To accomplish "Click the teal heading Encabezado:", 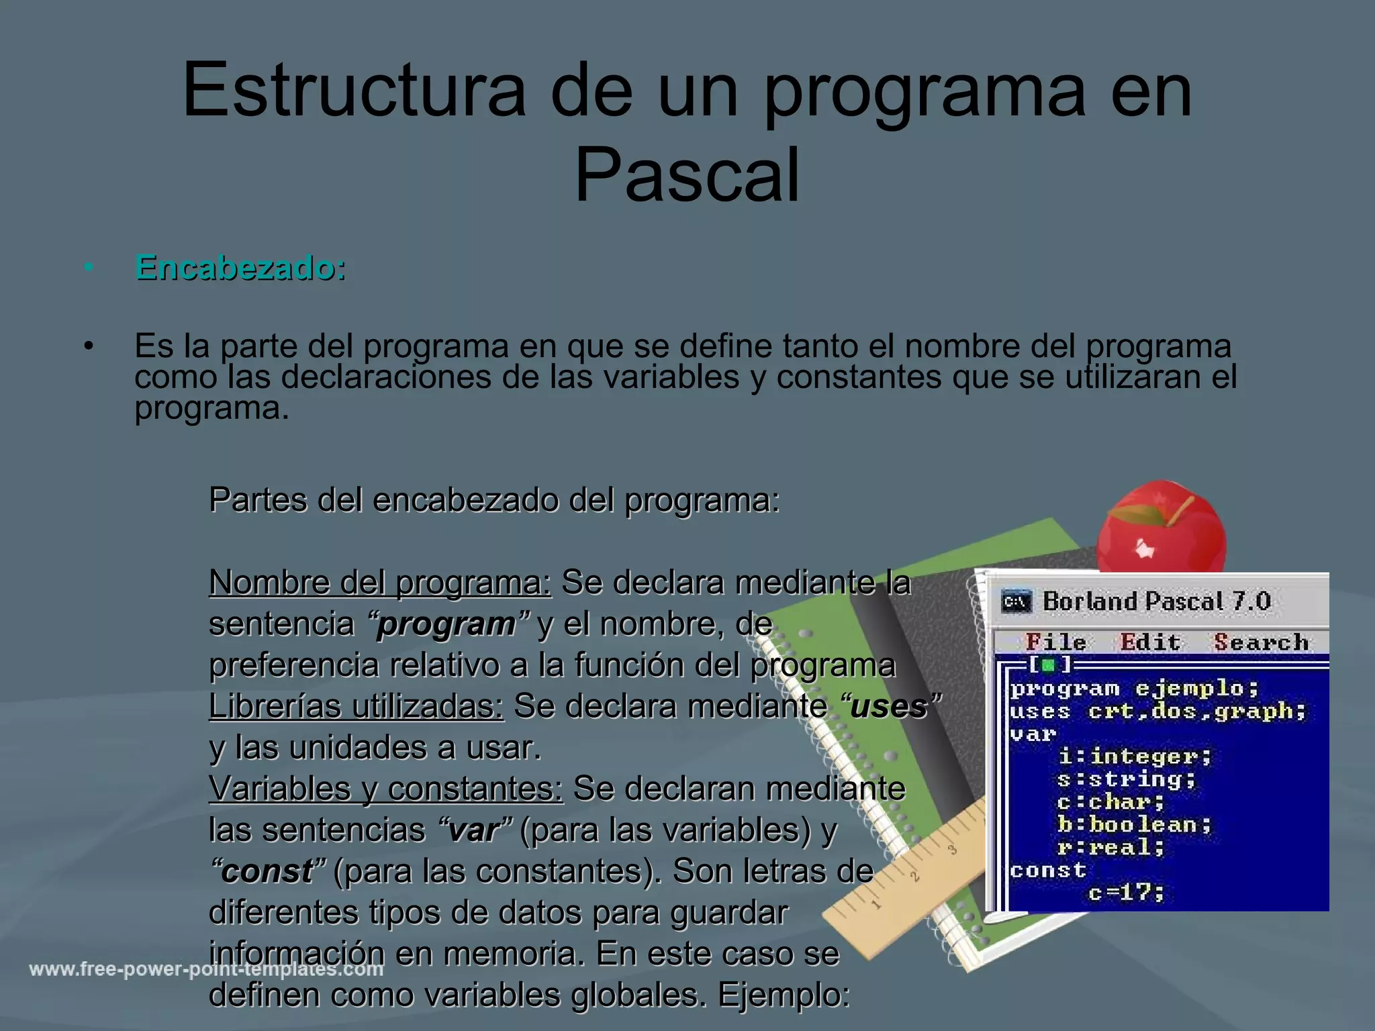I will (240, 268).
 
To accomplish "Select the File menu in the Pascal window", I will (1056, 642).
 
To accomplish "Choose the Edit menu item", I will (1150, 642).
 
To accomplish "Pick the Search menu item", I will (1262, 642).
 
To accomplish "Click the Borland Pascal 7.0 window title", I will (1156, 601).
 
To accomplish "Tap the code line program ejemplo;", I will (1135, 689).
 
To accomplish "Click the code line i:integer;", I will (1135, 756).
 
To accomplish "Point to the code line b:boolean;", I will (1135, 824).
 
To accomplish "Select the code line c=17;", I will (1126, 893).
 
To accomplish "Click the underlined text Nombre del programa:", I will (380, 583).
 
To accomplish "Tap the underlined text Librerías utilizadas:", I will (356, 706).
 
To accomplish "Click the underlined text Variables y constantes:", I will (386, 789).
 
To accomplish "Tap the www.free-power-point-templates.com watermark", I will (206, 970).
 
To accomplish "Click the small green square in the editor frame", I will (1048, 665).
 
